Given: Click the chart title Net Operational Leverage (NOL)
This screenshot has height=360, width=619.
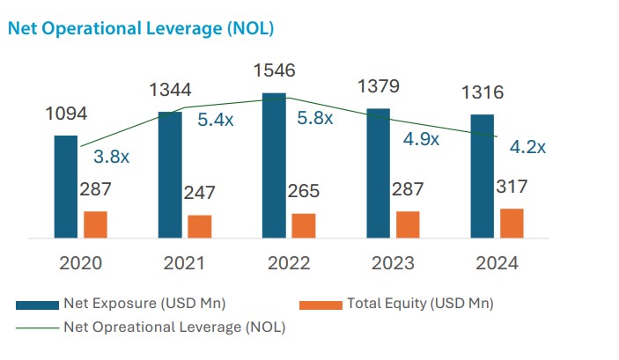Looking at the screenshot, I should click(x=140, y=28).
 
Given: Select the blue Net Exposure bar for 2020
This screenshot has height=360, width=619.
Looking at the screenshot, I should click(x=66, y=186).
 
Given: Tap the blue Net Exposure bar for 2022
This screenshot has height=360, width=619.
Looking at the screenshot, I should click(x=274, y=165).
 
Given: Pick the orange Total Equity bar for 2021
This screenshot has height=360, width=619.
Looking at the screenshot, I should click(x=199, y=226).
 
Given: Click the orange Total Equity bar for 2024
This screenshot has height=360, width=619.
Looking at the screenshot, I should click(x=512, y=223).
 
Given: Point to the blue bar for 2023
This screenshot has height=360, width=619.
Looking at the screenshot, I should click(x=378, y=173).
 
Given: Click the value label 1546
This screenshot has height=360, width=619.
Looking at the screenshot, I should click(x=272, y=70).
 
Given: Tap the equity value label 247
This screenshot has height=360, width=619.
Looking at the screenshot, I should click(x=199, y=192).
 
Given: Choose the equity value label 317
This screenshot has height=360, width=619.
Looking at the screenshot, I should click(x=512, y=187).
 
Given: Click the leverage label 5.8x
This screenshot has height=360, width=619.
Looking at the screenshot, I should click(x=315, y=117).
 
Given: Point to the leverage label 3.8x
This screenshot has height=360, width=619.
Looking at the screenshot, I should click(x=111, y=158).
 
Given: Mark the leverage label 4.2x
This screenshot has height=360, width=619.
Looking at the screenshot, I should click(x=527, y=147).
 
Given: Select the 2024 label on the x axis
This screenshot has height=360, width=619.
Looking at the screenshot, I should click(x=496, y=263).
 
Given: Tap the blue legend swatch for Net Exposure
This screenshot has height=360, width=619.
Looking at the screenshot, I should click(x=38, y=305).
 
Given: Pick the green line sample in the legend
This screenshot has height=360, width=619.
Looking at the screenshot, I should click(x=38, y=327).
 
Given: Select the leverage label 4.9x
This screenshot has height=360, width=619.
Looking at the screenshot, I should click(x=419, y=139).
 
